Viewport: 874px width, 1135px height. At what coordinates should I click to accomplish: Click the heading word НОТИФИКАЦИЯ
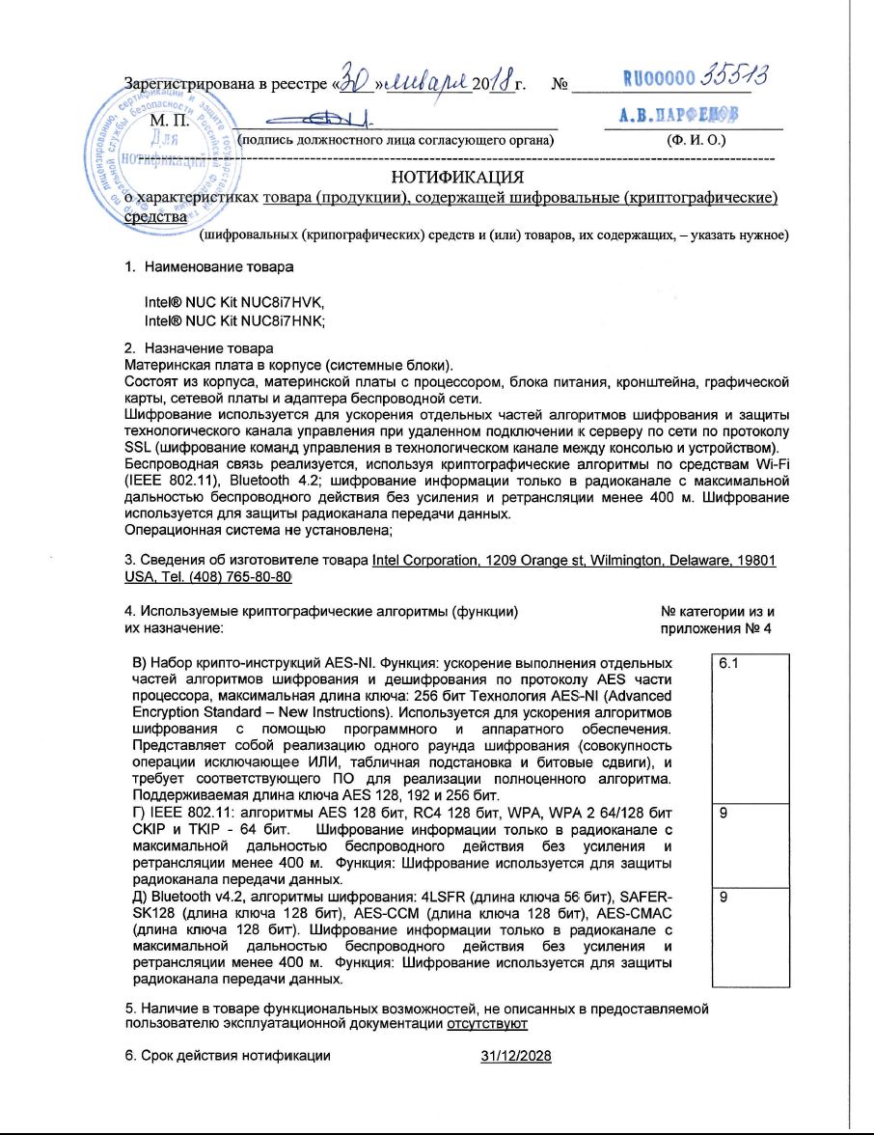[x=457, y=177]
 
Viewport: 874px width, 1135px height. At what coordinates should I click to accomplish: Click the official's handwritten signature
[x=309, y=120]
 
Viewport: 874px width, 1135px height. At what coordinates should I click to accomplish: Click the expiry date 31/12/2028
[x=515, y=1056]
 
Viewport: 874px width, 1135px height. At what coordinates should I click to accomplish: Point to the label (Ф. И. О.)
[x=697, y=140]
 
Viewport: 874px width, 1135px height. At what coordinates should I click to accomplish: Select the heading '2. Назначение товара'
[x=199, y=347]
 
